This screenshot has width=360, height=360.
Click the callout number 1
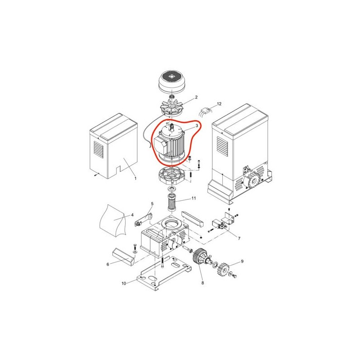(x=135, y=178)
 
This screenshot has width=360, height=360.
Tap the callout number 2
(x=196, y=97)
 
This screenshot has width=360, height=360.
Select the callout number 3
(x=197, y=126)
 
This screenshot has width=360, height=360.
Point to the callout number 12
(x=219, y=104)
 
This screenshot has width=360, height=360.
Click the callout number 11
(x=194, y=198)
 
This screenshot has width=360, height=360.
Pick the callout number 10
(x=124, y=283)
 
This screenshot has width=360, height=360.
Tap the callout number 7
(x=239, y=238)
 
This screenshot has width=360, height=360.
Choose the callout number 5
(x=152, y=204)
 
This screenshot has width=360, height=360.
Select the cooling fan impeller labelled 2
(x=171, y=107)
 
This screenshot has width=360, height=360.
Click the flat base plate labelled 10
(x=164, y=273)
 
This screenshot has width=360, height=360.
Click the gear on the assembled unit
(x=252, y=181)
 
